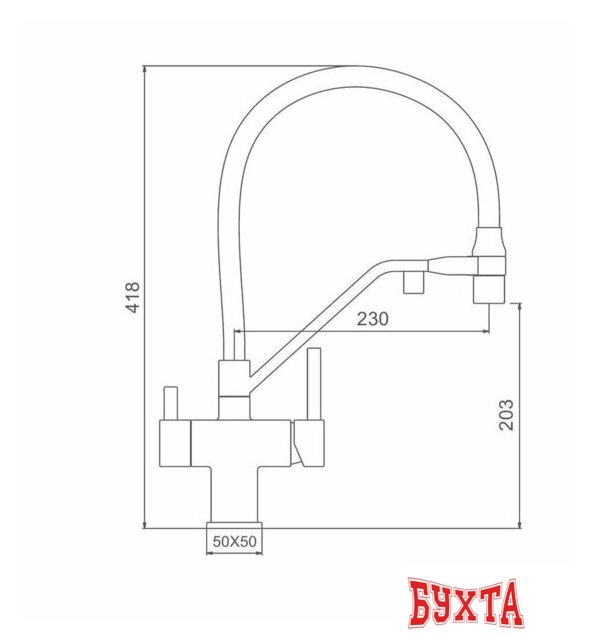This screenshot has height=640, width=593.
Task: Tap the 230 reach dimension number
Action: click(x=372, y=319)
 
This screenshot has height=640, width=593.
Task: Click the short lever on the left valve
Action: click(x=169, y=402)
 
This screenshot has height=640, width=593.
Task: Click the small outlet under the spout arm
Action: click(x=410, y=284)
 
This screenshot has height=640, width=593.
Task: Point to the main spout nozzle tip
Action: click(x=488, y=291)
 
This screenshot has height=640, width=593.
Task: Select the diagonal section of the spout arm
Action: click(x=300, y=325)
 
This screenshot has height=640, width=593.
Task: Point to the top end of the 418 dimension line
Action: click(x=145, y=68)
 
